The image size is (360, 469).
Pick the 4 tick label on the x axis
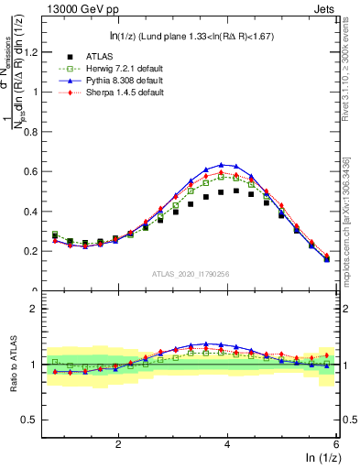[227, 443]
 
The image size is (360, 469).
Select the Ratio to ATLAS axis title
[15, 365]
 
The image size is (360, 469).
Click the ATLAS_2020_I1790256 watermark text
[189, 274]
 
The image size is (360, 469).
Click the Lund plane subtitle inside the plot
[189, 36]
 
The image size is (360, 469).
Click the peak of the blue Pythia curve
[222, 165]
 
